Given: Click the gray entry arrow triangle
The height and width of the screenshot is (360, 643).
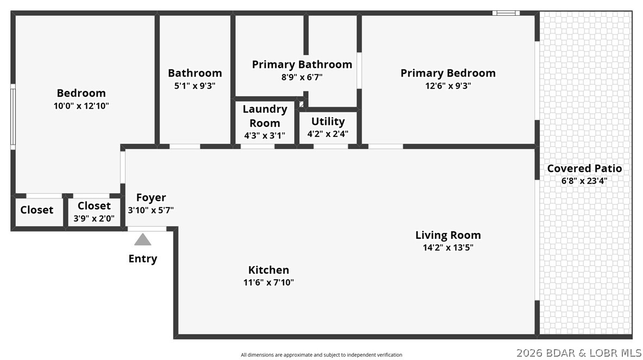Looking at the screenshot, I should pyautogui.click(x=143, y=239).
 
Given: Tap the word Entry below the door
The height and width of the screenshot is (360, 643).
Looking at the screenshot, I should pyautogui.click(x=143, y=258).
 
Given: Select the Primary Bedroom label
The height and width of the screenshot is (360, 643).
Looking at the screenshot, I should pyautogui.click(x=448, y=73).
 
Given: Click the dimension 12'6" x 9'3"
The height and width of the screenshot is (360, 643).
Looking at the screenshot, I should pyautogui.click(x=448, y=85).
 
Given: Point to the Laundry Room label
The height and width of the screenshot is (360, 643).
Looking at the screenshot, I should pyautogui.click(x=264, y=116).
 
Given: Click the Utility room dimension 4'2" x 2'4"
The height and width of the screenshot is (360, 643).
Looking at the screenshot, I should pyautogui.click(x=327, y=134).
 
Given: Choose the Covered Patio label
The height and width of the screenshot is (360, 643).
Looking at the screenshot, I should pyautogui.click(x=584, y=168).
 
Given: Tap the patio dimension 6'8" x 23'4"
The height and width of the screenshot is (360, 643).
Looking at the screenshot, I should pyautogui.click(x=584, y=181).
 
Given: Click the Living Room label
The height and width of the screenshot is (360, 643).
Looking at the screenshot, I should pyautogui.click(x=448, y=235).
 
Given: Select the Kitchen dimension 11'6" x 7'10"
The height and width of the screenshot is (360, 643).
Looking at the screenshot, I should pyautogui.click(x=269, y=282).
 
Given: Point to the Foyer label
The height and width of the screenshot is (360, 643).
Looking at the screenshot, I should pyautogui.click(x=151, y=198).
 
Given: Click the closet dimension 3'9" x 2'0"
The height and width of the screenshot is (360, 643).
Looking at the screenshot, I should pyautogui.click(x=94, y=218).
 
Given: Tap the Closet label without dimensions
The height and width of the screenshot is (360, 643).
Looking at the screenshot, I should pyautogui.click(x=37, y=210).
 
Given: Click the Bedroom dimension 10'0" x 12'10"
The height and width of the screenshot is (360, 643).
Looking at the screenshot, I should pyautogui.click(x=81, y=106).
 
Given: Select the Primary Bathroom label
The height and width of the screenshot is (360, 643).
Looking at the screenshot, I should pyautogui.click(x=302, y=65).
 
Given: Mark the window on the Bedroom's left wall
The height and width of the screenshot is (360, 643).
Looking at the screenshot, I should pyautogui.click(x=13, y=116).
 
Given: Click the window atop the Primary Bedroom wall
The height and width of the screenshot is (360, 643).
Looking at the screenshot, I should pyautogui.click(x=506, y=13).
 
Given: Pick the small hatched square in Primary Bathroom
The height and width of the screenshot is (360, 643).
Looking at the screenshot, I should pyautogui.click(x=302, y=104).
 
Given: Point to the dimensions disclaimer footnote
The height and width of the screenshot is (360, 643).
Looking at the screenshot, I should pyautogui.click(x=321, y=355).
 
